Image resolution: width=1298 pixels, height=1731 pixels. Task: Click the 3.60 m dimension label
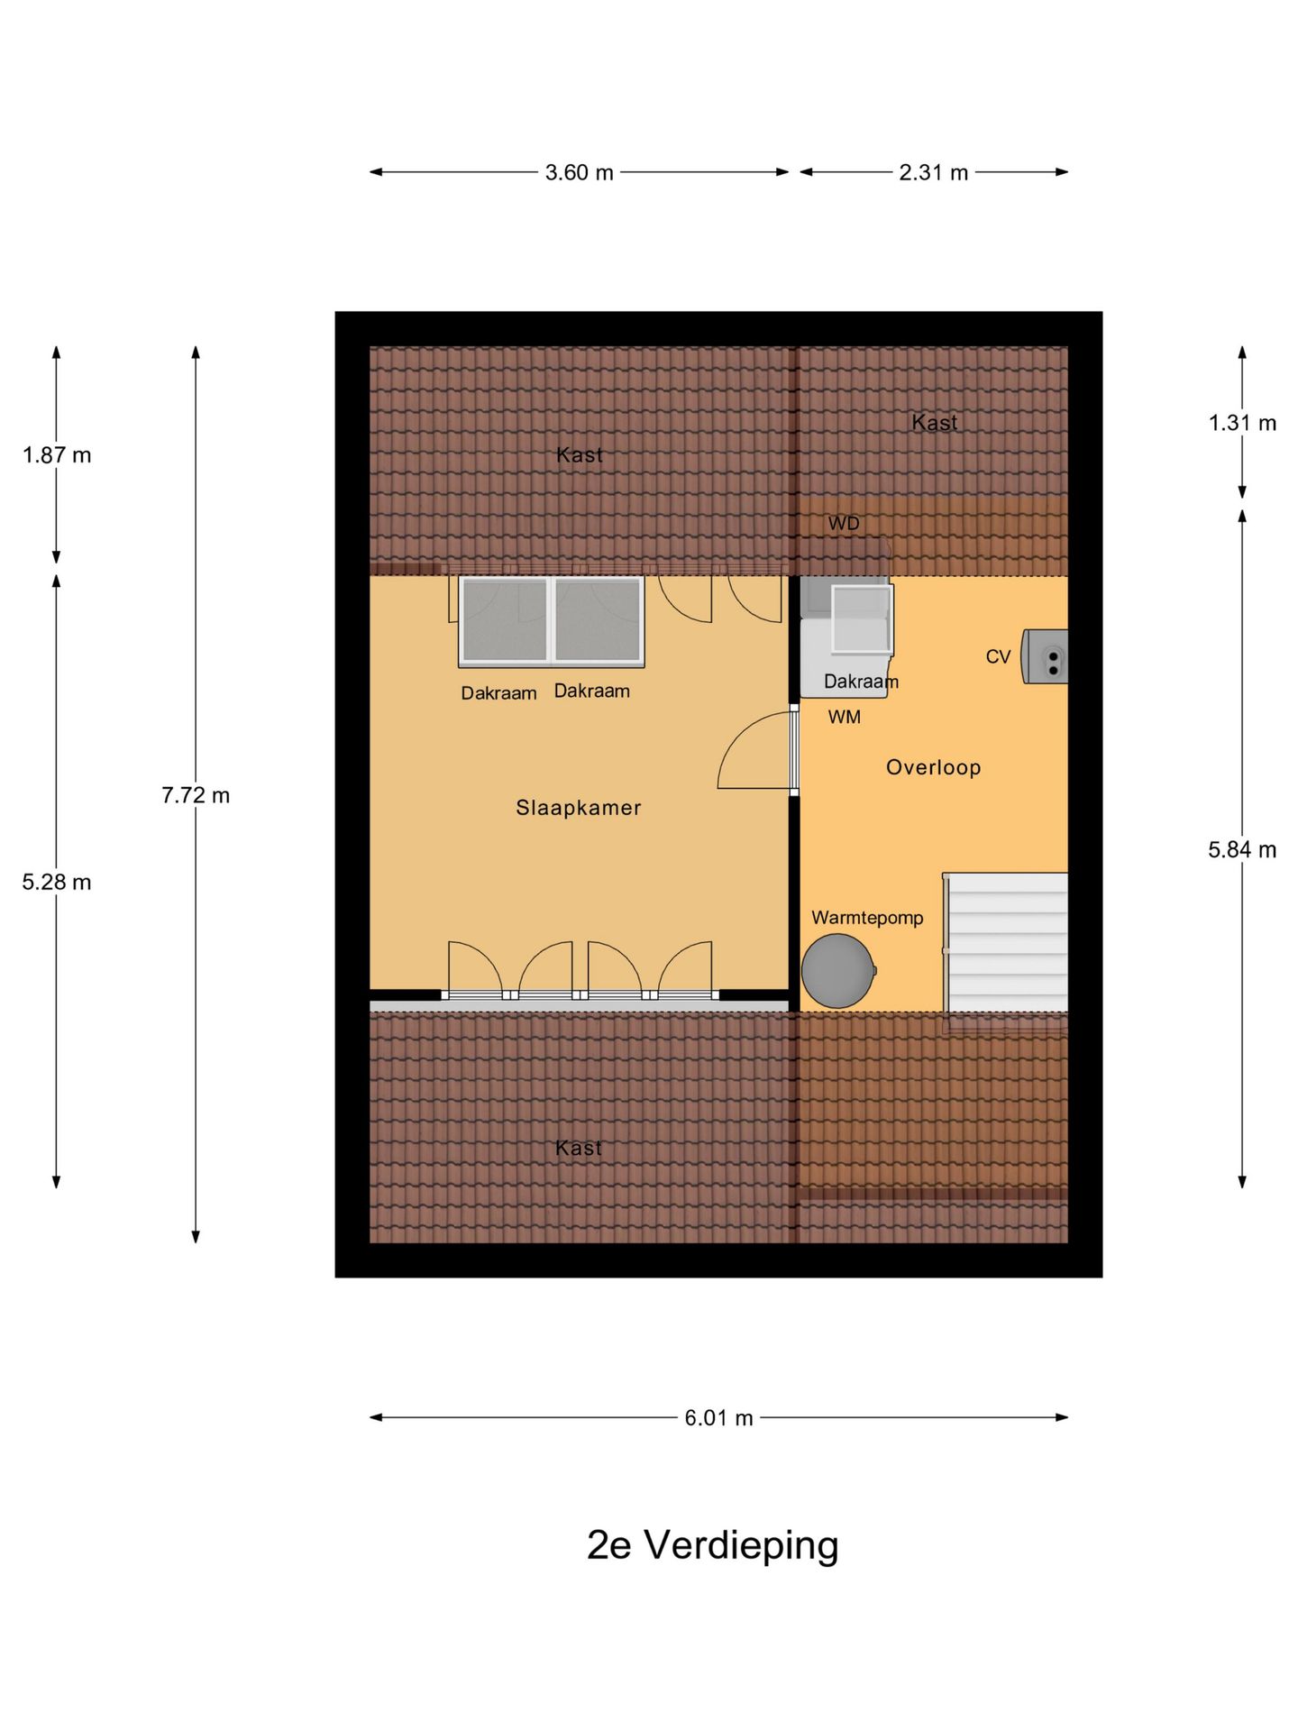click(579, 172)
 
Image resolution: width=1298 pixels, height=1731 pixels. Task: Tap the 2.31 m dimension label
click(933, 172)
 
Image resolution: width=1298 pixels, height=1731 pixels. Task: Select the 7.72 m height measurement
click(196, 795)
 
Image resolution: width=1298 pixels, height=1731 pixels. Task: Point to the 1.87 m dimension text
click(57, 455)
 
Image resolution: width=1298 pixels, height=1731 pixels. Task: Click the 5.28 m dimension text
click(57, 882)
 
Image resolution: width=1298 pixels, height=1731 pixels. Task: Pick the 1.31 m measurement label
click(1242, 423)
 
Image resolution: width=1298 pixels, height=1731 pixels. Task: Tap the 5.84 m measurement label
click(1242, 849)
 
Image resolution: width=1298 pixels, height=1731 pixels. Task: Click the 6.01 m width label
click(718, 1418)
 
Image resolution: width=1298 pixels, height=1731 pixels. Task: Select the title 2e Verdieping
click(712, 1544)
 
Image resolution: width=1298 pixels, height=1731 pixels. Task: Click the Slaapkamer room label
click(579, 808)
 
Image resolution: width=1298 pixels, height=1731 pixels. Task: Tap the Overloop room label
click(933, 767)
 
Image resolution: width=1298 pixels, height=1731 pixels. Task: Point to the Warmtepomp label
click(867, 918)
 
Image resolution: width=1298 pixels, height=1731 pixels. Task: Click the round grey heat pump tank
click(838, 971)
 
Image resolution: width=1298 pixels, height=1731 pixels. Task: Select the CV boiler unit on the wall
click(1045, 656)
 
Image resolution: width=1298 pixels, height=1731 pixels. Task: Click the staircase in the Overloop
click(1006, 942)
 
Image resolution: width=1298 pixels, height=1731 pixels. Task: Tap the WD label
click(844, 524)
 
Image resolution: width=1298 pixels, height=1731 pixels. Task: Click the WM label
click(845, 718)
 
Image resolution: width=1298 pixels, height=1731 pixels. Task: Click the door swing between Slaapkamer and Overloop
click(755, 751)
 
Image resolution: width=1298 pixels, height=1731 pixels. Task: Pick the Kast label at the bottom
click(579, 1148)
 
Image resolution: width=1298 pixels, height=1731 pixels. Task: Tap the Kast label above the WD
click(935, 422)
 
